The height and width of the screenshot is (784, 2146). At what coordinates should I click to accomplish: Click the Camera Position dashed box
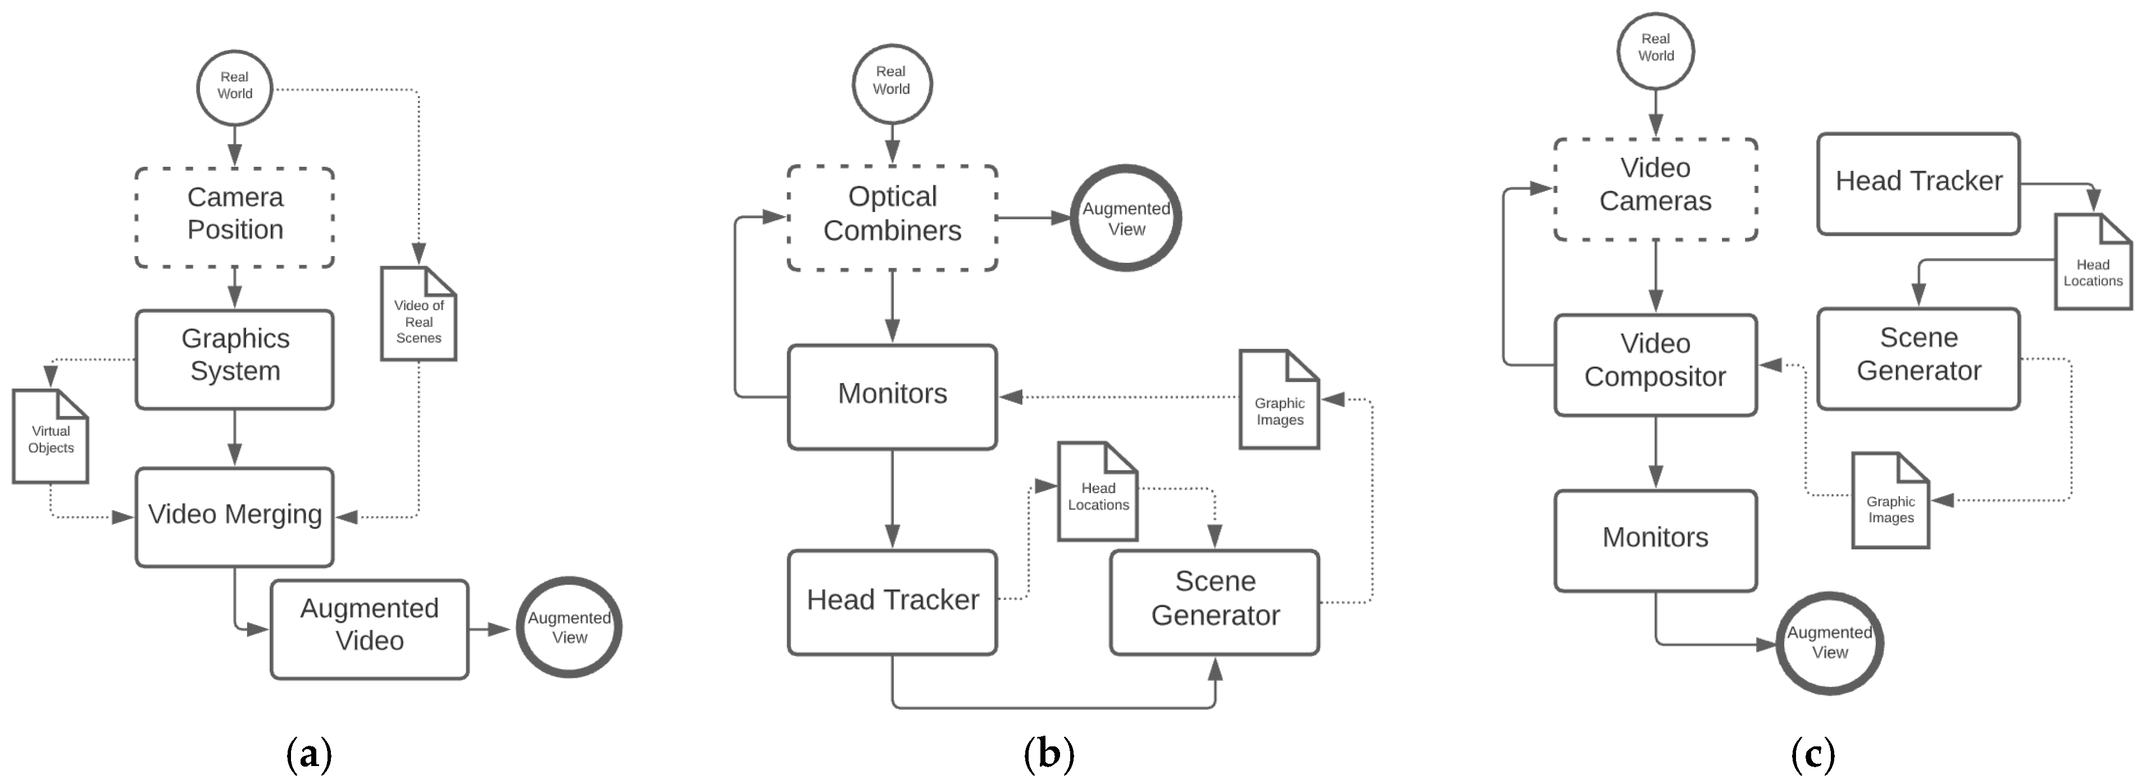[235, 217]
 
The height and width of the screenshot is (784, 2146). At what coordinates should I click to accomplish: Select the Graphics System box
[235, 359]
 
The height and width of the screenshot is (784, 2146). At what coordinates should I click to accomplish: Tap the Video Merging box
[235, 517]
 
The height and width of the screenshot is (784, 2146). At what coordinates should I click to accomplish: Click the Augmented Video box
[369, 629]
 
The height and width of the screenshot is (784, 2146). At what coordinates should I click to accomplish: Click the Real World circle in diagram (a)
[235, 86]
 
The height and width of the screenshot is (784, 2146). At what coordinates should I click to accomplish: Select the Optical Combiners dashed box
[892, 217]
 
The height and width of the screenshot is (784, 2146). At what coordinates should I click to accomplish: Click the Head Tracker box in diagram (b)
[892, 601]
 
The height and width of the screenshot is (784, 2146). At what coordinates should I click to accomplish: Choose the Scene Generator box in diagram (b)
[1215, 601]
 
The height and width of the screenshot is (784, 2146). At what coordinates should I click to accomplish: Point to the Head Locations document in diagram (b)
[1097, 493]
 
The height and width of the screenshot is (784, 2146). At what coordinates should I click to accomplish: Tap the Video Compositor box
[1656, 364]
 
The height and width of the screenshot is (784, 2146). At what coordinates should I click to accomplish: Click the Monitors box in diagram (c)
[1656, 540]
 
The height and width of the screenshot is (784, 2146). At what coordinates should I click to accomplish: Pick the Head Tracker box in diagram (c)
[1918, 183]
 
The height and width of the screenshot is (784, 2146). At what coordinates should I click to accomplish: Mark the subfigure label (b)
[1048, 754]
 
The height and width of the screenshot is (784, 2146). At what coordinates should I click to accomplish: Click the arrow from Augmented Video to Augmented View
[490, 629]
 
